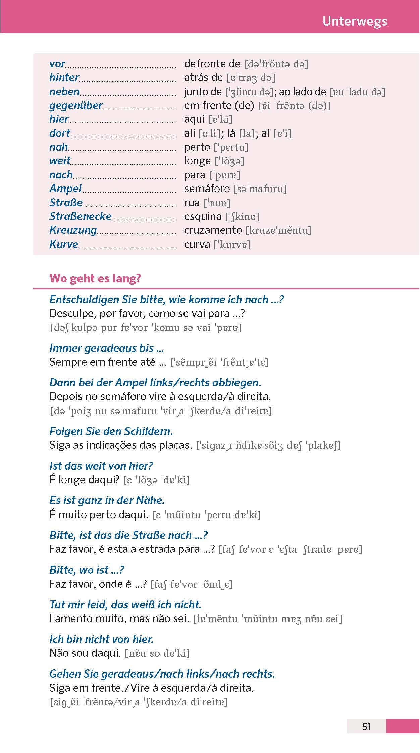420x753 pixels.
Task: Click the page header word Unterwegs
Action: point(355,21)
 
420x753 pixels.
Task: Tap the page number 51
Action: point(366,726)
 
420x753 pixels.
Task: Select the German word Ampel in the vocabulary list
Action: point(65,189)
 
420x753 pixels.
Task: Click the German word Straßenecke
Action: point(80,216)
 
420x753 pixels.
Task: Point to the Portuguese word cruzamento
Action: point(213,230)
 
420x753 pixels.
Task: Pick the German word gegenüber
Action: point(76,105)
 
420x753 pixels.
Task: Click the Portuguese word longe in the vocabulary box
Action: point(197,161)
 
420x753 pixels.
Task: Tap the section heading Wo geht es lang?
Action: point(95,278)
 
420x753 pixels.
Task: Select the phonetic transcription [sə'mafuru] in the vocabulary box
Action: point(260,189)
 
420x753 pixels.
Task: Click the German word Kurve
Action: point(64,244)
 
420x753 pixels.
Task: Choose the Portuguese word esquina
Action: point(203,216)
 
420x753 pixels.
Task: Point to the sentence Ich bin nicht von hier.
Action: point(101,639)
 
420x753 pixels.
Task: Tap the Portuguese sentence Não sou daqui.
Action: point(85,653)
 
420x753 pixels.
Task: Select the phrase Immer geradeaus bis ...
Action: point(107,348)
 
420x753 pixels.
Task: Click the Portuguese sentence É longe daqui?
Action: point(85,480)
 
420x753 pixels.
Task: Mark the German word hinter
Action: point(64,77)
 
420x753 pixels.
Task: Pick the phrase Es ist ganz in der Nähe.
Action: point(107,500)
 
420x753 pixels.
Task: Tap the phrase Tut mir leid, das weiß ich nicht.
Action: point(125,604)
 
